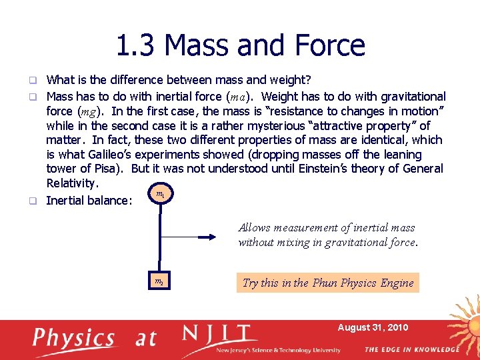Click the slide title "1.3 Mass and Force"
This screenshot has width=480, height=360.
coord(240,45)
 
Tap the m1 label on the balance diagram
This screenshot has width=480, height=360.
coord(160,195)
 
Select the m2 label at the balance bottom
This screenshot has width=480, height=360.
coord(159,282)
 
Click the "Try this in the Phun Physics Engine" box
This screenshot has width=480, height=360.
coord(328,283)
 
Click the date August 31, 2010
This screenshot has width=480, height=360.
coord(373,327)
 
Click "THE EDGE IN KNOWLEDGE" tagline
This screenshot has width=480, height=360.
coord(411,349)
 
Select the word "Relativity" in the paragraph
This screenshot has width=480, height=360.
coord(72,183)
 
